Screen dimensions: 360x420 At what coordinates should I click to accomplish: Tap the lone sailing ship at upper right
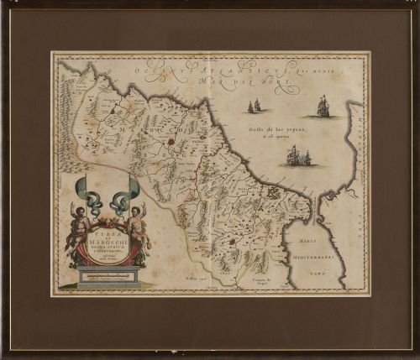tap(323, 107)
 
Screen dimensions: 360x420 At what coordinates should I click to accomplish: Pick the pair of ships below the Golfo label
tap(298, 156)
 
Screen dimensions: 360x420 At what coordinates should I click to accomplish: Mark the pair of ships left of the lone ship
tap(255, 106)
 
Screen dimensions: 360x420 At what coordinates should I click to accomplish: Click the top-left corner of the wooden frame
tap(3, 3)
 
